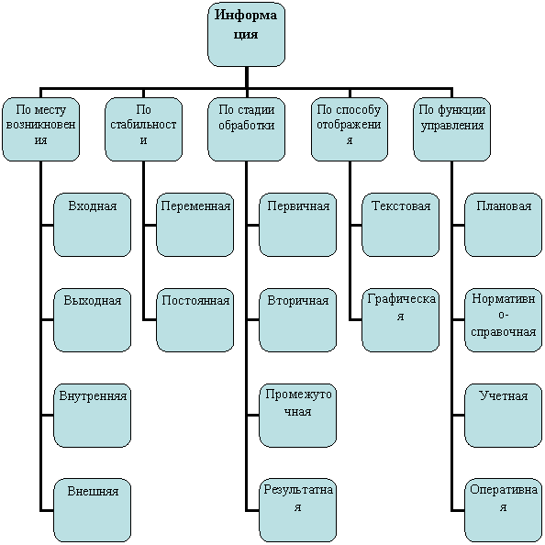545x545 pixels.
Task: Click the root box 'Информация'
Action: (x=247, y=34)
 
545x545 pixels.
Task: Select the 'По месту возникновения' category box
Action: (x=40, y=129)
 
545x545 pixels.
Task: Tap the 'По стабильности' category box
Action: (x=143, y=129)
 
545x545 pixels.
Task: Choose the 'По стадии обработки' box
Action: (x=247, y=129)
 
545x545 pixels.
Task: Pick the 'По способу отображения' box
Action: (x=350, y=129)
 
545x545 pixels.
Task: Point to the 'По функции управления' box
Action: (x=451, y=129)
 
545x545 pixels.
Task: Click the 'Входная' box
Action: (x=92, y=225)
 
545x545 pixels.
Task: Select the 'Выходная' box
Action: (x=92, y=320)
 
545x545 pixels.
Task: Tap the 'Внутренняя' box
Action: (x=92, y=416)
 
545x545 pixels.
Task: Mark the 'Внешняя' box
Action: (x=92, y=510)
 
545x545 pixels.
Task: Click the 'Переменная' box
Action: (x=195, y=225)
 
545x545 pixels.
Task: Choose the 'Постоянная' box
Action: (x=195, y=320)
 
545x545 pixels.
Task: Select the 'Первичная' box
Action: (x=298, y=225)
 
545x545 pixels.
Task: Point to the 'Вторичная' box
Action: (x=298, y=320)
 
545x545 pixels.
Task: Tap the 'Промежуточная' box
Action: (x=298, y=416)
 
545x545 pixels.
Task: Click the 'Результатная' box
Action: (x=298, y=510)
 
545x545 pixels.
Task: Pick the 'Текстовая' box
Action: (x=401, y=225)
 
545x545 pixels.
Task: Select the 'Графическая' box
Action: (x=401, y=320)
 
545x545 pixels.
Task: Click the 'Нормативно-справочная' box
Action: (x=504, y=320)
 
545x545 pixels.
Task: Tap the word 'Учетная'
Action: (x=504, y=395)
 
